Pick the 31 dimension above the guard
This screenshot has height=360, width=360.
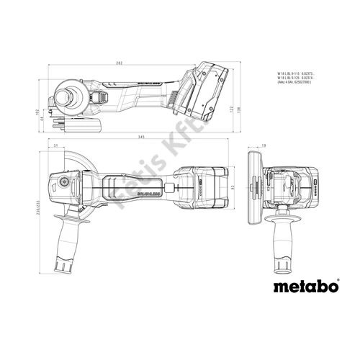(55, 148)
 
